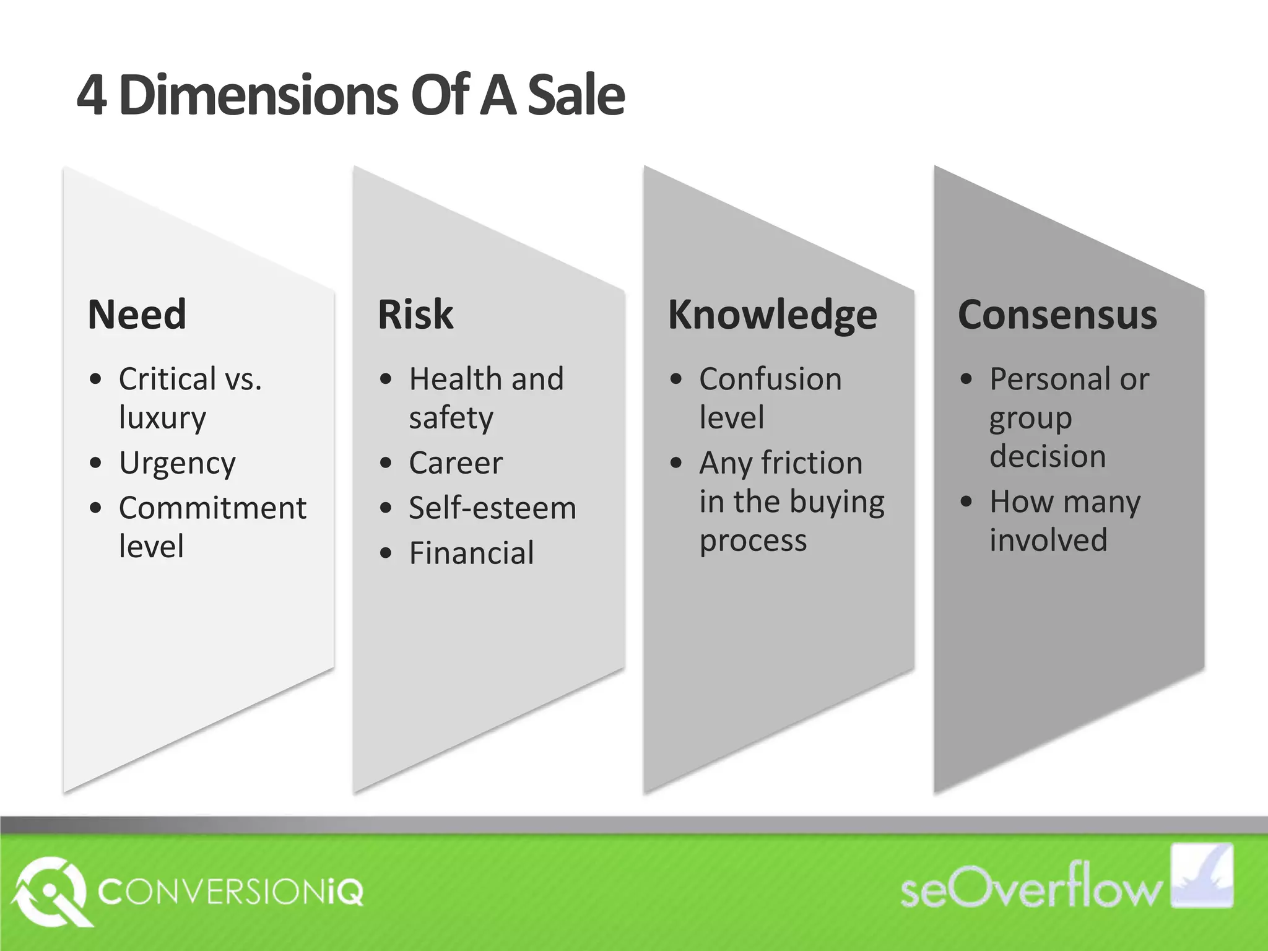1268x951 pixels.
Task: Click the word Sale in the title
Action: (576, 96)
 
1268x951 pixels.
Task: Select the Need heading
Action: (137, 315)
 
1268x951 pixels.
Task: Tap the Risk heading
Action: (415, 315)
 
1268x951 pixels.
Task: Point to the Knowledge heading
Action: (772, 315)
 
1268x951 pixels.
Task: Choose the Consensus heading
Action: (1057, 315)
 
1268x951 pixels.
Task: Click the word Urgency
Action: (177, 464)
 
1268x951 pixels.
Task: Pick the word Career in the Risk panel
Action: (456, 463)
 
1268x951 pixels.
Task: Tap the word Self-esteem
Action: (492, 508)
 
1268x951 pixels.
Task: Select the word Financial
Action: (471, 554)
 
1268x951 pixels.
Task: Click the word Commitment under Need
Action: (212, 508)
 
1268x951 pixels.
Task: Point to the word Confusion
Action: (770, 379)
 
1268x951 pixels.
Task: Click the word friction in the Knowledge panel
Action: (812, 463)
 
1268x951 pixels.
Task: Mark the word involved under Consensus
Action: (1048, 540)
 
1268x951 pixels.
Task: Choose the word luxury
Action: (162, 419)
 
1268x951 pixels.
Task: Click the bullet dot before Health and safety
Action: (386, 380)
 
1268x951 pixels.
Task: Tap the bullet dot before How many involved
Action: (966, 502)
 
